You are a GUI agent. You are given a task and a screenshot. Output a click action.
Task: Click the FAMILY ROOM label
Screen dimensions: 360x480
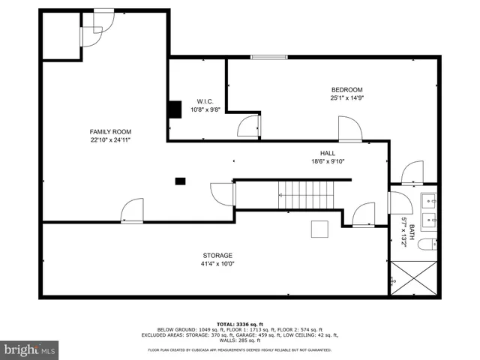pyautogui.click(x=105, y=131)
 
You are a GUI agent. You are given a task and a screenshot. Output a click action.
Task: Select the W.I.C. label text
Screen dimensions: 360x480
pyautogui.click(x=205, y=101)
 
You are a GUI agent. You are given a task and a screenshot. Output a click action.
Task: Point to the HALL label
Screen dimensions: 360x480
pyautogui.click(x=328, y=152)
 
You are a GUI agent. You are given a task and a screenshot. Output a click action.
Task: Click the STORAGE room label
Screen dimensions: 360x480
pyautogui.click(x=217, y=255)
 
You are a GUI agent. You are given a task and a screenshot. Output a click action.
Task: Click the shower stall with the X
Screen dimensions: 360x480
pyautogui.click(x=414, y=278)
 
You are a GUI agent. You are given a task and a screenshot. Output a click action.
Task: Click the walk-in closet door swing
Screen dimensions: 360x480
pyautogui.click(x=249, y=126)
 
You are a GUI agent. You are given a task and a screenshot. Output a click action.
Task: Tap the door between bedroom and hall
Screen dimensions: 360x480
pyautogui.click(x=349, y=129)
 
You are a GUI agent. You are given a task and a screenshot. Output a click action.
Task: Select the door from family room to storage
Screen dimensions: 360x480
pyautogui.click(x=132, y=211)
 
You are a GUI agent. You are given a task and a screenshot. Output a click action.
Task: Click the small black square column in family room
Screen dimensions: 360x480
pyautogui.click(x=180, y=180)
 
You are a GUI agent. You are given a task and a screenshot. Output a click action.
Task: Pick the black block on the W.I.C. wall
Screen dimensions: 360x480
pyautogui.click(x=175, y=109)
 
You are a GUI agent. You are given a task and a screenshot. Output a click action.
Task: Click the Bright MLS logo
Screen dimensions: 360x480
pyautogui.click(x=30, y=349)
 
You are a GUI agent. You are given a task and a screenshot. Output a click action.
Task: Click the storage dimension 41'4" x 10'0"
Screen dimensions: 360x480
pyautogui.click(x=217, y=264)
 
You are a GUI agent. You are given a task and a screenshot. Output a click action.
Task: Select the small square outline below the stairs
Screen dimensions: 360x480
pyautogui.click(x=320, y=229)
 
